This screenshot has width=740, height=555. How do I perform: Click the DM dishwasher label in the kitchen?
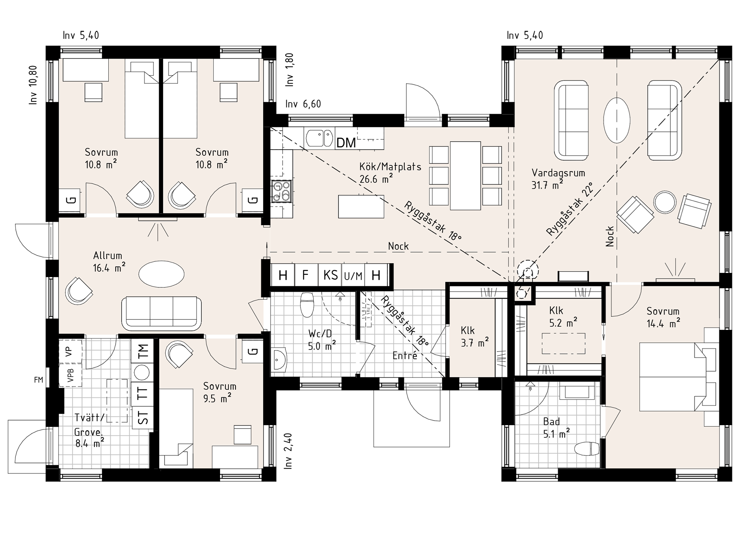point(346,143)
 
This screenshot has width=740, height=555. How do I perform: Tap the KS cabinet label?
point(331,275)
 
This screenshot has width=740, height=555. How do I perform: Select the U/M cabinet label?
point(353,276)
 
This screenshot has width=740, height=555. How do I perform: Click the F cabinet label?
point(305,275)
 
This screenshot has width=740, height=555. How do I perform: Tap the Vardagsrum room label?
point(558,173)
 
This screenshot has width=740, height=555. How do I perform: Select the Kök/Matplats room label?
point(390,167)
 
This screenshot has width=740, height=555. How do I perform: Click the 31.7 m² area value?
point(547,185)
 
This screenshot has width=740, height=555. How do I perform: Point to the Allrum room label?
point(108,256)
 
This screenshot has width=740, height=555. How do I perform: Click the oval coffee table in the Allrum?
point(161,274)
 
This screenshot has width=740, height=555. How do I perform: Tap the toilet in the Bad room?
point(587,449)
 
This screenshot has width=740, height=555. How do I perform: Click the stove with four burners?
point(281,191)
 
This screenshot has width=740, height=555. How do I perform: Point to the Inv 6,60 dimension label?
point(303,104)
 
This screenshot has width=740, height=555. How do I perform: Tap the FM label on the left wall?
point(39,380)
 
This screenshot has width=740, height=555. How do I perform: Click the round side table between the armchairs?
point(665,202)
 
